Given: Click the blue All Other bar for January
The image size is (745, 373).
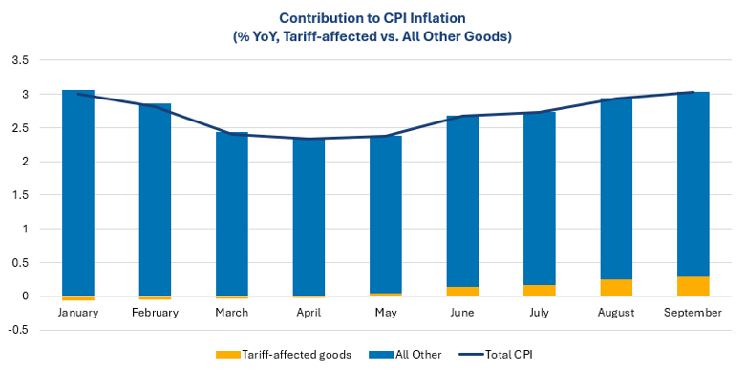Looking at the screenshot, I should (78, 191).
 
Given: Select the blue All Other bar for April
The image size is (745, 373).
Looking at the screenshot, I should (309, 216).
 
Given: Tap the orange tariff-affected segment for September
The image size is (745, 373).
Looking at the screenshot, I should (693, 286).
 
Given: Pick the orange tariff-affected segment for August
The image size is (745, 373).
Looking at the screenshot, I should (616, 288).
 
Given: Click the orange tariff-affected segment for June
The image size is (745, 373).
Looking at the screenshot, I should (462, 291).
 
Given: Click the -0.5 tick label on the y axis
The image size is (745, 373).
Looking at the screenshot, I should (19, 330).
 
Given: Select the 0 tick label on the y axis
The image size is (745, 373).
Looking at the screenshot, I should (26, 296).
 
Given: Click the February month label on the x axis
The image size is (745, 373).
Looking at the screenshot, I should (155, 313).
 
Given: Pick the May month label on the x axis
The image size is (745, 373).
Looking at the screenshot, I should (386, 313).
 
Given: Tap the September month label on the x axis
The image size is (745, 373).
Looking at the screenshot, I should (693, 313).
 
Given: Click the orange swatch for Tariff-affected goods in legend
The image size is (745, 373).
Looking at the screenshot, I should (228, 355).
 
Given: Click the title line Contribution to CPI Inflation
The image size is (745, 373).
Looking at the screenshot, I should (372, 17).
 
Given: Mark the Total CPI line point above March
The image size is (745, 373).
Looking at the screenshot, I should (232, 134).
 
